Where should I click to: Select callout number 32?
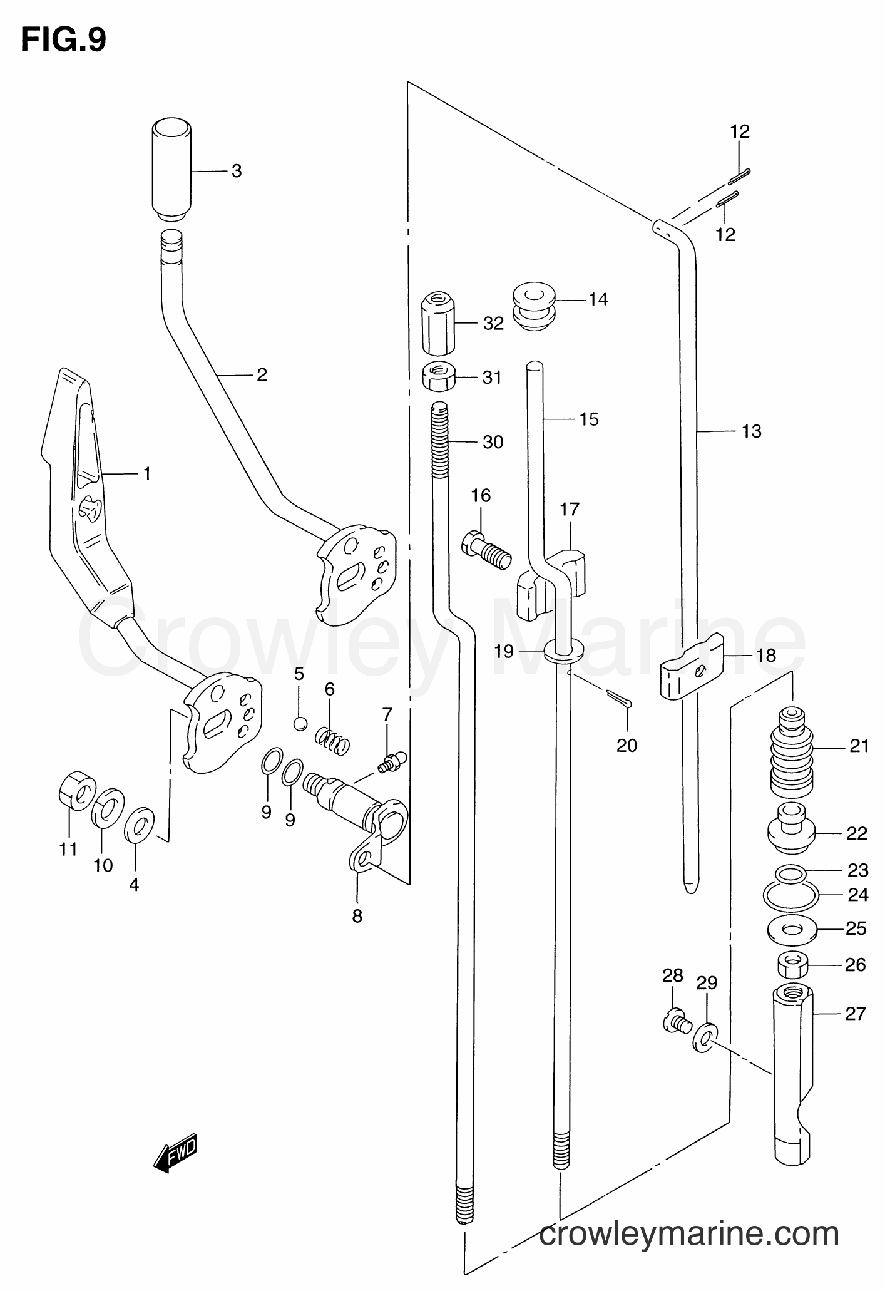493,323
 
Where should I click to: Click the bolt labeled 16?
486,549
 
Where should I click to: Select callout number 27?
854,1013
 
